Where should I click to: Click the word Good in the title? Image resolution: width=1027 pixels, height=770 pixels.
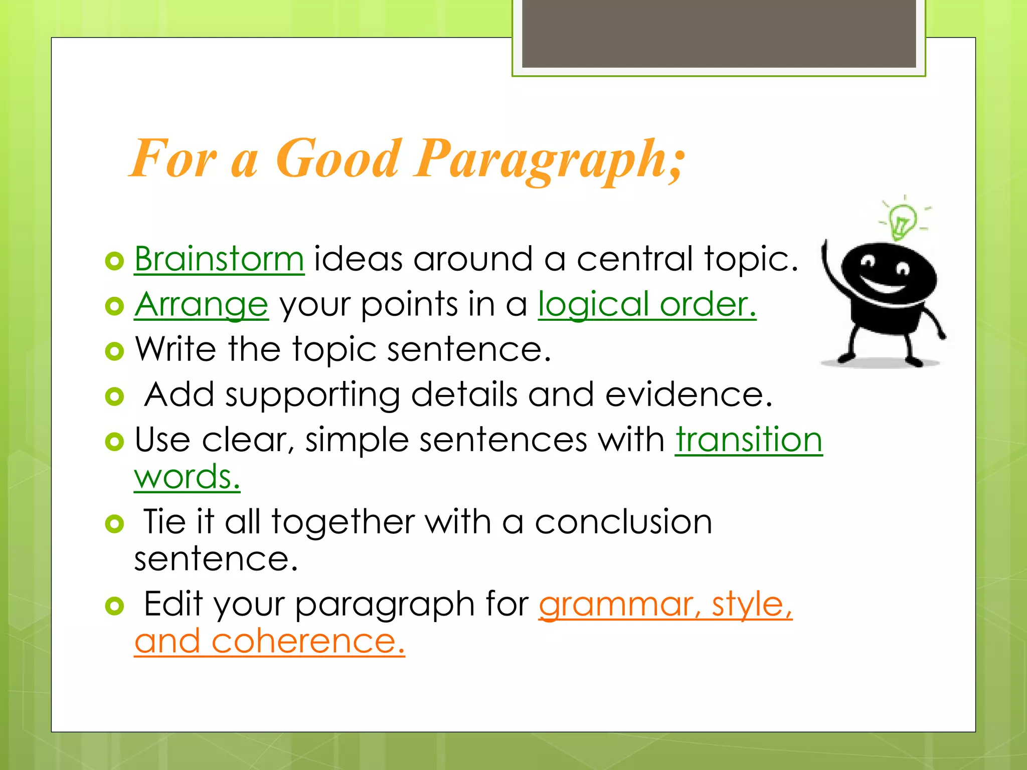coord(338,159)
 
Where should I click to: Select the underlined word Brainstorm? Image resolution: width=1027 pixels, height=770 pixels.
coord(219,259)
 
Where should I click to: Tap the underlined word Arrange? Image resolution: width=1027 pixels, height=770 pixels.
coord(201,304)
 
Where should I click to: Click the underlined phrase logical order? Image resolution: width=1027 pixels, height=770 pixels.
coord(647,304)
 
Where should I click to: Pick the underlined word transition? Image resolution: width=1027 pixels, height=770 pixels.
coord(749,440)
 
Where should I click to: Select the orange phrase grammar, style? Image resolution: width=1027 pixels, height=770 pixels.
coord(665,604)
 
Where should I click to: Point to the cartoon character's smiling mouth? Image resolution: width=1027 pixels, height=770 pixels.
coord(885,286)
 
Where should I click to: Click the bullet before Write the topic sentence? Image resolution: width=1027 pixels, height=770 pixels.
coord(114,351)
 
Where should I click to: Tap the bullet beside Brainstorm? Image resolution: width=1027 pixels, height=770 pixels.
coord(114,261)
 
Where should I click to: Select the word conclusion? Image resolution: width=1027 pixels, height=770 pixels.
coord(623,522)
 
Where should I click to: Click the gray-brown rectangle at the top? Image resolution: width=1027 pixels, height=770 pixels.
coord(719,33)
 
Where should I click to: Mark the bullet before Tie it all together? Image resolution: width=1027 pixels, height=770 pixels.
coord(114,524)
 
